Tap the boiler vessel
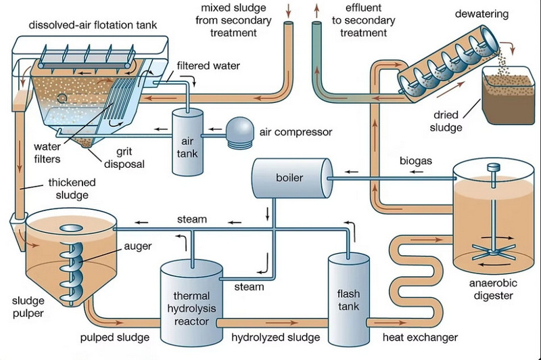click(x=289, y=178)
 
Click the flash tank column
click(x=347, y=298)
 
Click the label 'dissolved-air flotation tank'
click(x=93, y=25)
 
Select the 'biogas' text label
click(x=415, y=163)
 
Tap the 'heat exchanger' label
click(x=420, y=337)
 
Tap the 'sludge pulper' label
click(x=28, y=307)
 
